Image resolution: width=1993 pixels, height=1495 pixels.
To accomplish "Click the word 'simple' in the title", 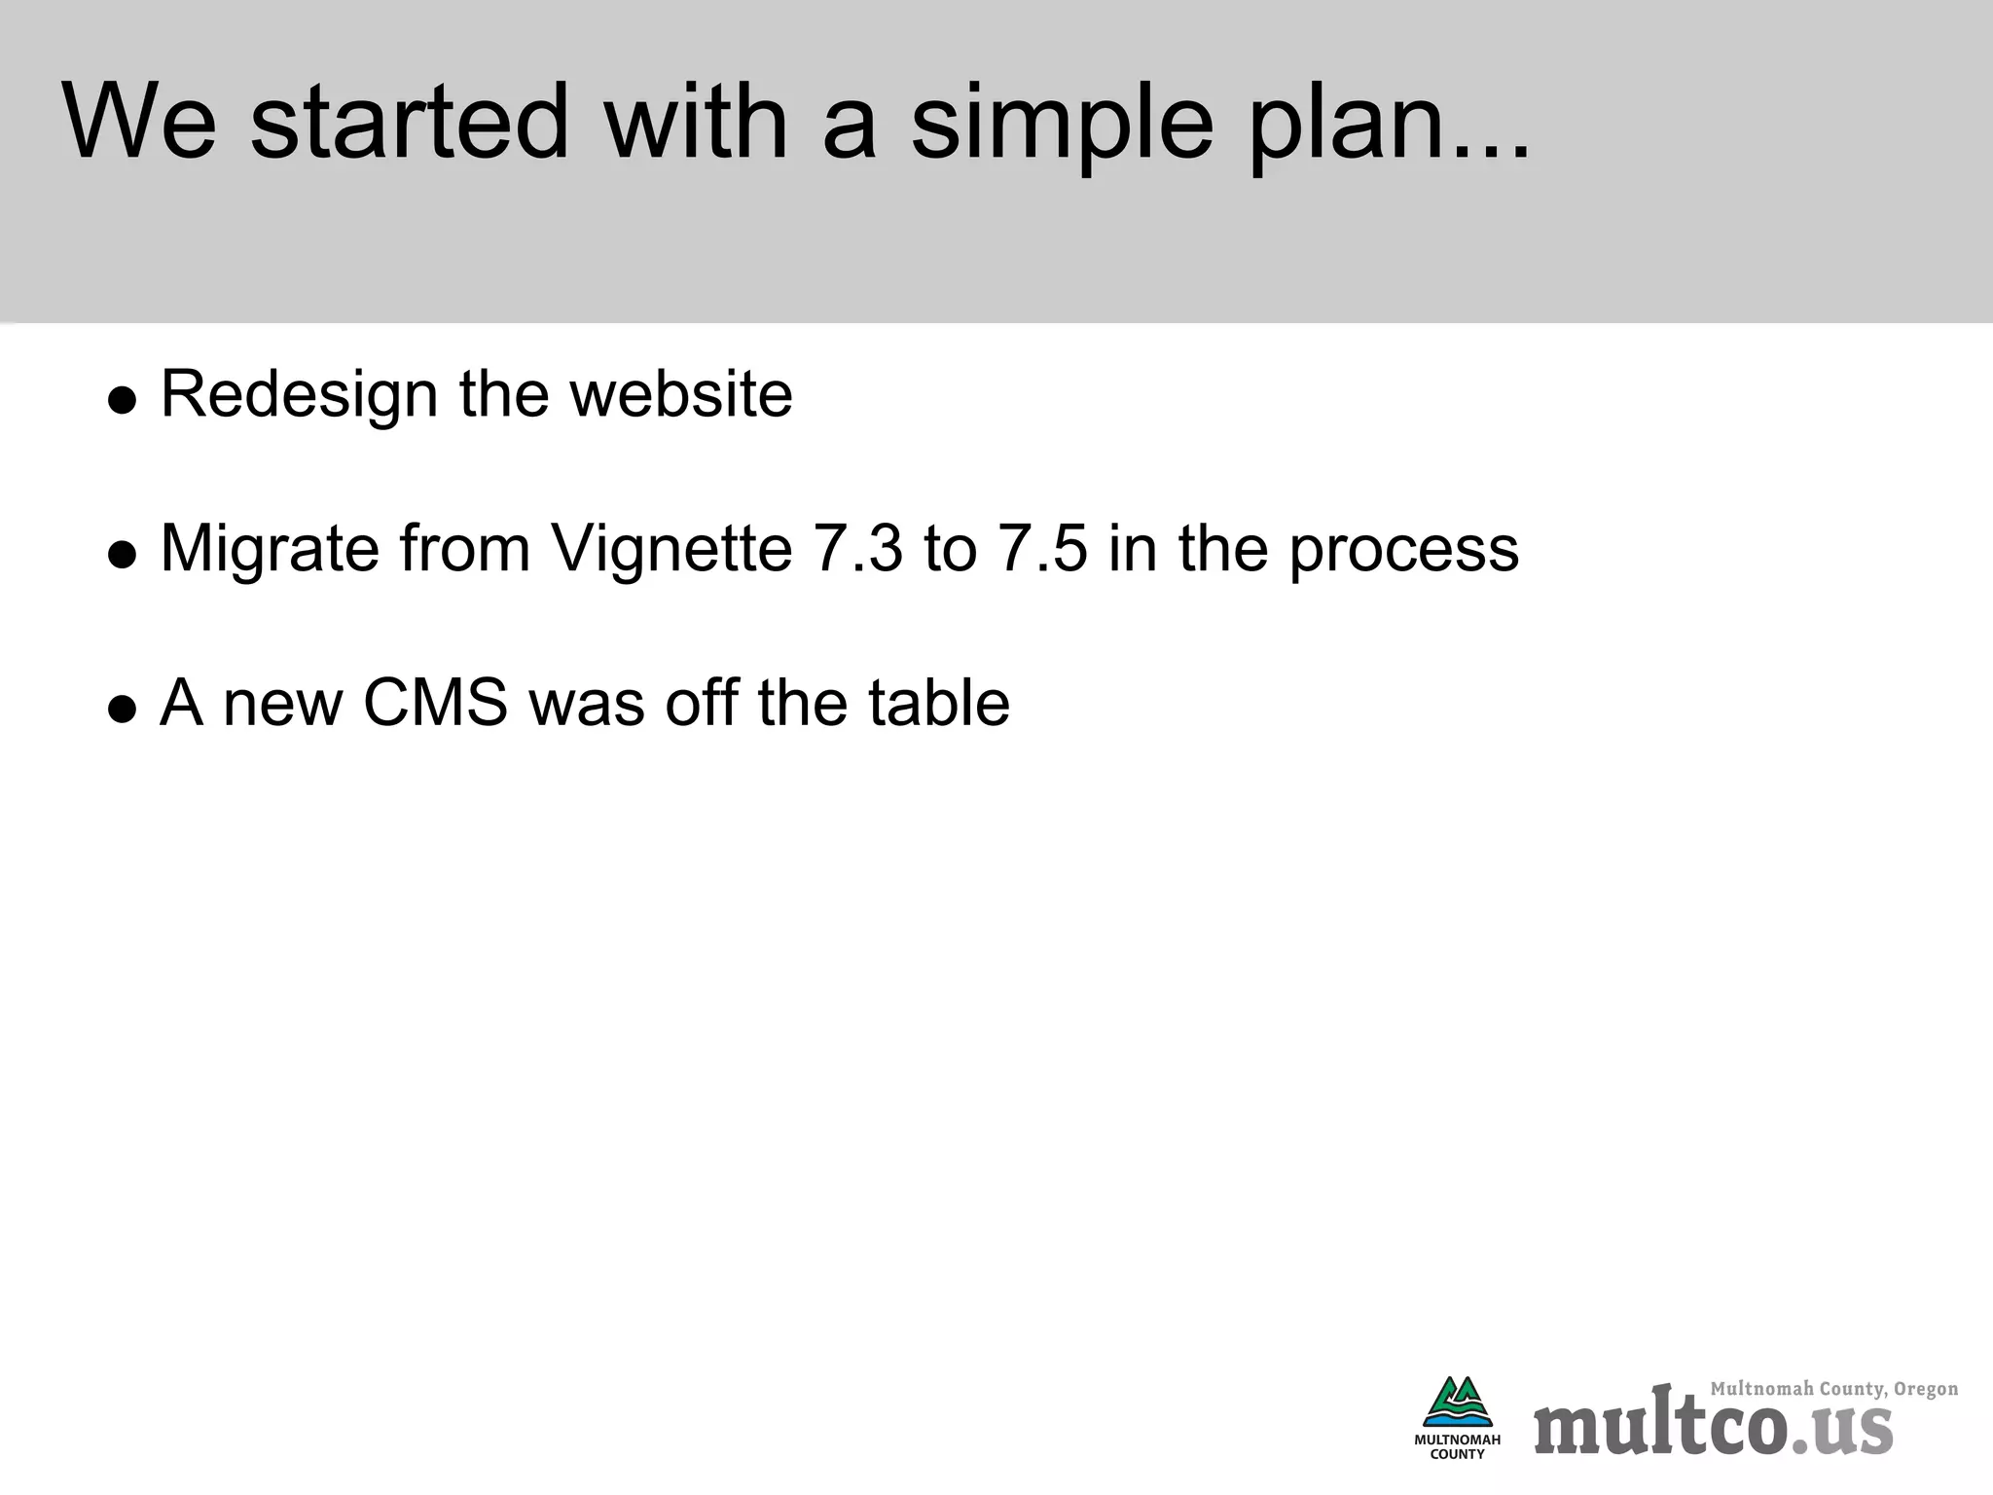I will pyautogui.click(x=1062, y=124).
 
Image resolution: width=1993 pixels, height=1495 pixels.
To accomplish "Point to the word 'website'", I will pyautogui.click(x=681, y=395).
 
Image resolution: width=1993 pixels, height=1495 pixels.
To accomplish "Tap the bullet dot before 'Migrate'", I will pyautogui.click(x=123, y=555).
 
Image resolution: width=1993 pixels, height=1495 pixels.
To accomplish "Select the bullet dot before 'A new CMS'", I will pyautogui.click(x=123, y=709).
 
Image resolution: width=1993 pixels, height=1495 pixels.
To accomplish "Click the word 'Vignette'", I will pyautogui.click(x=671, y=549).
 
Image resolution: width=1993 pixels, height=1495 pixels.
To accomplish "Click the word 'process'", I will pyautogui.click(x=1403, y=549).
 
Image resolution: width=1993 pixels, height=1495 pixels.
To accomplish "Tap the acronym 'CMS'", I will pyautogui.click(x=435, y=703).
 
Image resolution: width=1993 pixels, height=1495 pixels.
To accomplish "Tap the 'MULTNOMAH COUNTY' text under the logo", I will pyautogui.click(x=1457, y=1446).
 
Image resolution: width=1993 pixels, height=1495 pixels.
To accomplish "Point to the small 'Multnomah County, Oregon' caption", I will pyautogui.click(x=1833, y=1389).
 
